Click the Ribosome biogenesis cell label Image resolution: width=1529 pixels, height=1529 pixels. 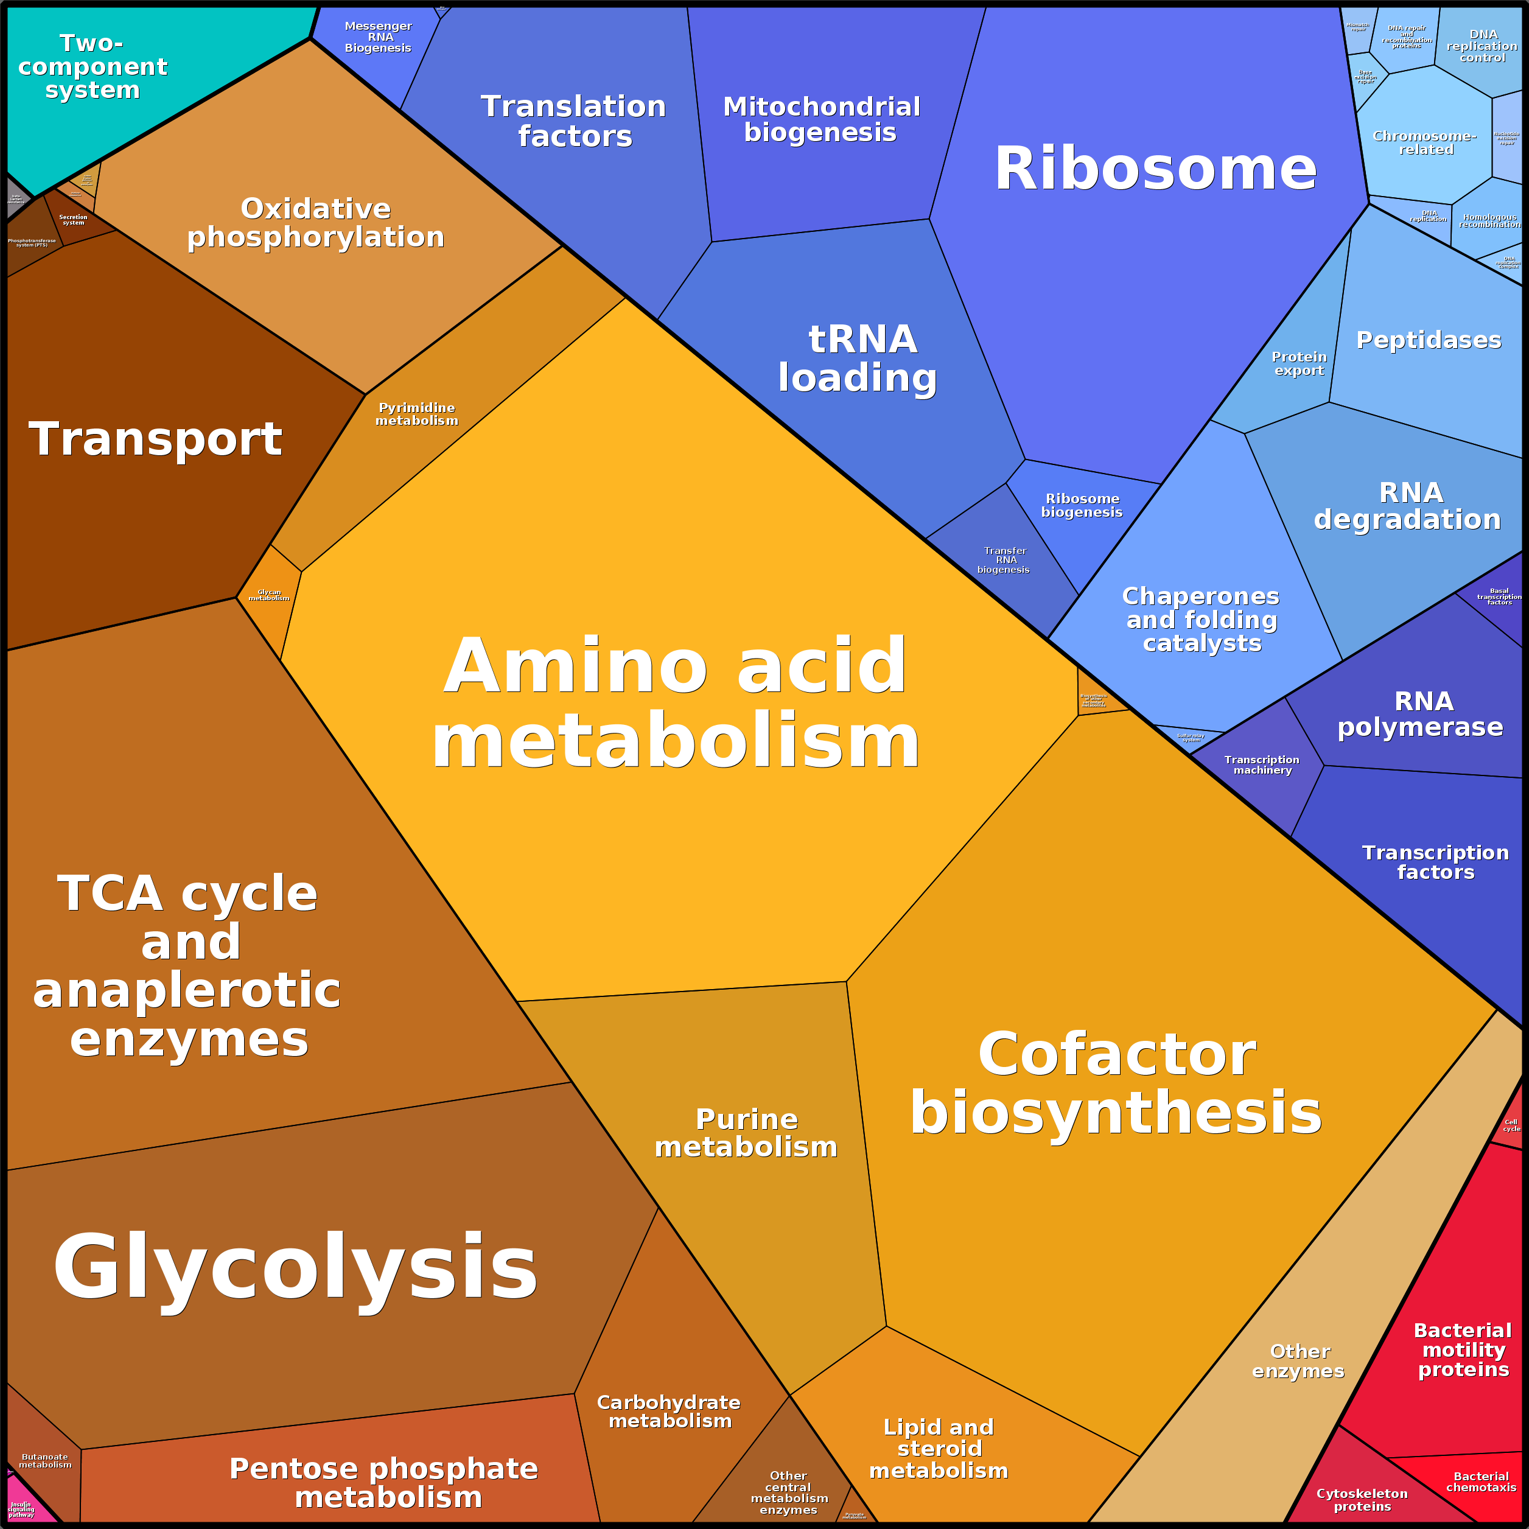pyautogui.click(x=1081, y=505)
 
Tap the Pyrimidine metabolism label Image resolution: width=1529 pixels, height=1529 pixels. pyautogui.click(x=416, y=414)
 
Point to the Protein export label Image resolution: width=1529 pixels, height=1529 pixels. pyautogui.click(x=1299, y=363)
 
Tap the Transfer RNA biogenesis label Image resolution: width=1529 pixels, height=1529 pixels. pyautogui.click(x=1004, y=559)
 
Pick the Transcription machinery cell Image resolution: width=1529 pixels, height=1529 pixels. pyautogui.click(x=1262, y=765)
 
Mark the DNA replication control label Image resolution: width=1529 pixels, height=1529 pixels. pyautogui.click(x=1482, y=46)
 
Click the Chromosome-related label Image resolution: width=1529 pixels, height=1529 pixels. pyautogui.click(x=1424, y=142)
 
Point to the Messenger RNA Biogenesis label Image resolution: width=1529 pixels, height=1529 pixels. pyautogui.click(x=378, y=37)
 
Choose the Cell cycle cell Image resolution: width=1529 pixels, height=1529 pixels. pyautogui.click(x=1511, y=1125)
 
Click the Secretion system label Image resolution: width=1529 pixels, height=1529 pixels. pyautogui.click(x=74, y=219)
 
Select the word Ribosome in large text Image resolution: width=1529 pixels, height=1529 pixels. pyautogui.click(x=1155, y=169)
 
